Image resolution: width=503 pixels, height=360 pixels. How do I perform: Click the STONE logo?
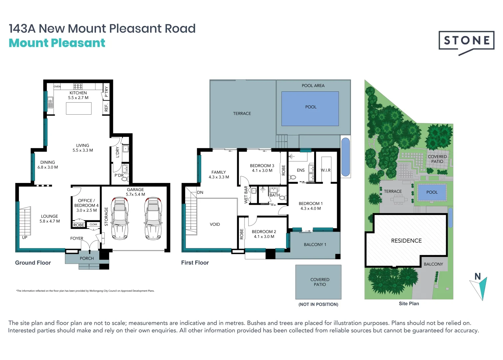(x=466, y=41)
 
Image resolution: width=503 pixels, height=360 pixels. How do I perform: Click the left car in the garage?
(x=120, y=218)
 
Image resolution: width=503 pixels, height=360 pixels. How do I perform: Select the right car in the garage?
(x=153, y=218)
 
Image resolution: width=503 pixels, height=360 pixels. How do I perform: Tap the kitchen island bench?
(x=79, y=109)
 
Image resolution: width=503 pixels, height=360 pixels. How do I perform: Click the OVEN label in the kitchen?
(x=57, y=87)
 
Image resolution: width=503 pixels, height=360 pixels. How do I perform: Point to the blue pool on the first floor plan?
(x=310, y=109)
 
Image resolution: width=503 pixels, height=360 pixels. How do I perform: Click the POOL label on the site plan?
(x=432, y=192)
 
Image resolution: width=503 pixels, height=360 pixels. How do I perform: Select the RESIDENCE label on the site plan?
(x=406, y=241)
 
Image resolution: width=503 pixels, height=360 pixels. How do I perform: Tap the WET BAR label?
(x=246, y=195)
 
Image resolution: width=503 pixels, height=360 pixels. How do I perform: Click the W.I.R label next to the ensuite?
(x=325, y=170)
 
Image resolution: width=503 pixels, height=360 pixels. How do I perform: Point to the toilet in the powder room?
(x=125, y=179)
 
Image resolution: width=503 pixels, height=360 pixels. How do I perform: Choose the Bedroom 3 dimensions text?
(x=262, y=171)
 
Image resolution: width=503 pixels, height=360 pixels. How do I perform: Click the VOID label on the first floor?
(x=215, y=224)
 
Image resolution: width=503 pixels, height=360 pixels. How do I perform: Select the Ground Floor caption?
(x=33, y=263)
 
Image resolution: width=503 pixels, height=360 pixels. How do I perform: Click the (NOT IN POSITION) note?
(x=318, y=304)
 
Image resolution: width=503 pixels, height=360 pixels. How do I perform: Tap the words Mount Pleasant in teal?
(x=57, y=43)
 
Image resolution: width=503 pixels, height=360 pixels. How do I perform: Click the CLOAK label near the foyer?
(x=94, y=224)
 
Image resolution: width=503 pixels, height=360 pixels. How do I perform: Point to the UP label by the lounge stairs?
(x=25, y=238)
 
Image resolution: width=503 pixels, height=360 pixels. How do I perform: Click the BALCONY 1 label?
(x=315, y=245)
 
